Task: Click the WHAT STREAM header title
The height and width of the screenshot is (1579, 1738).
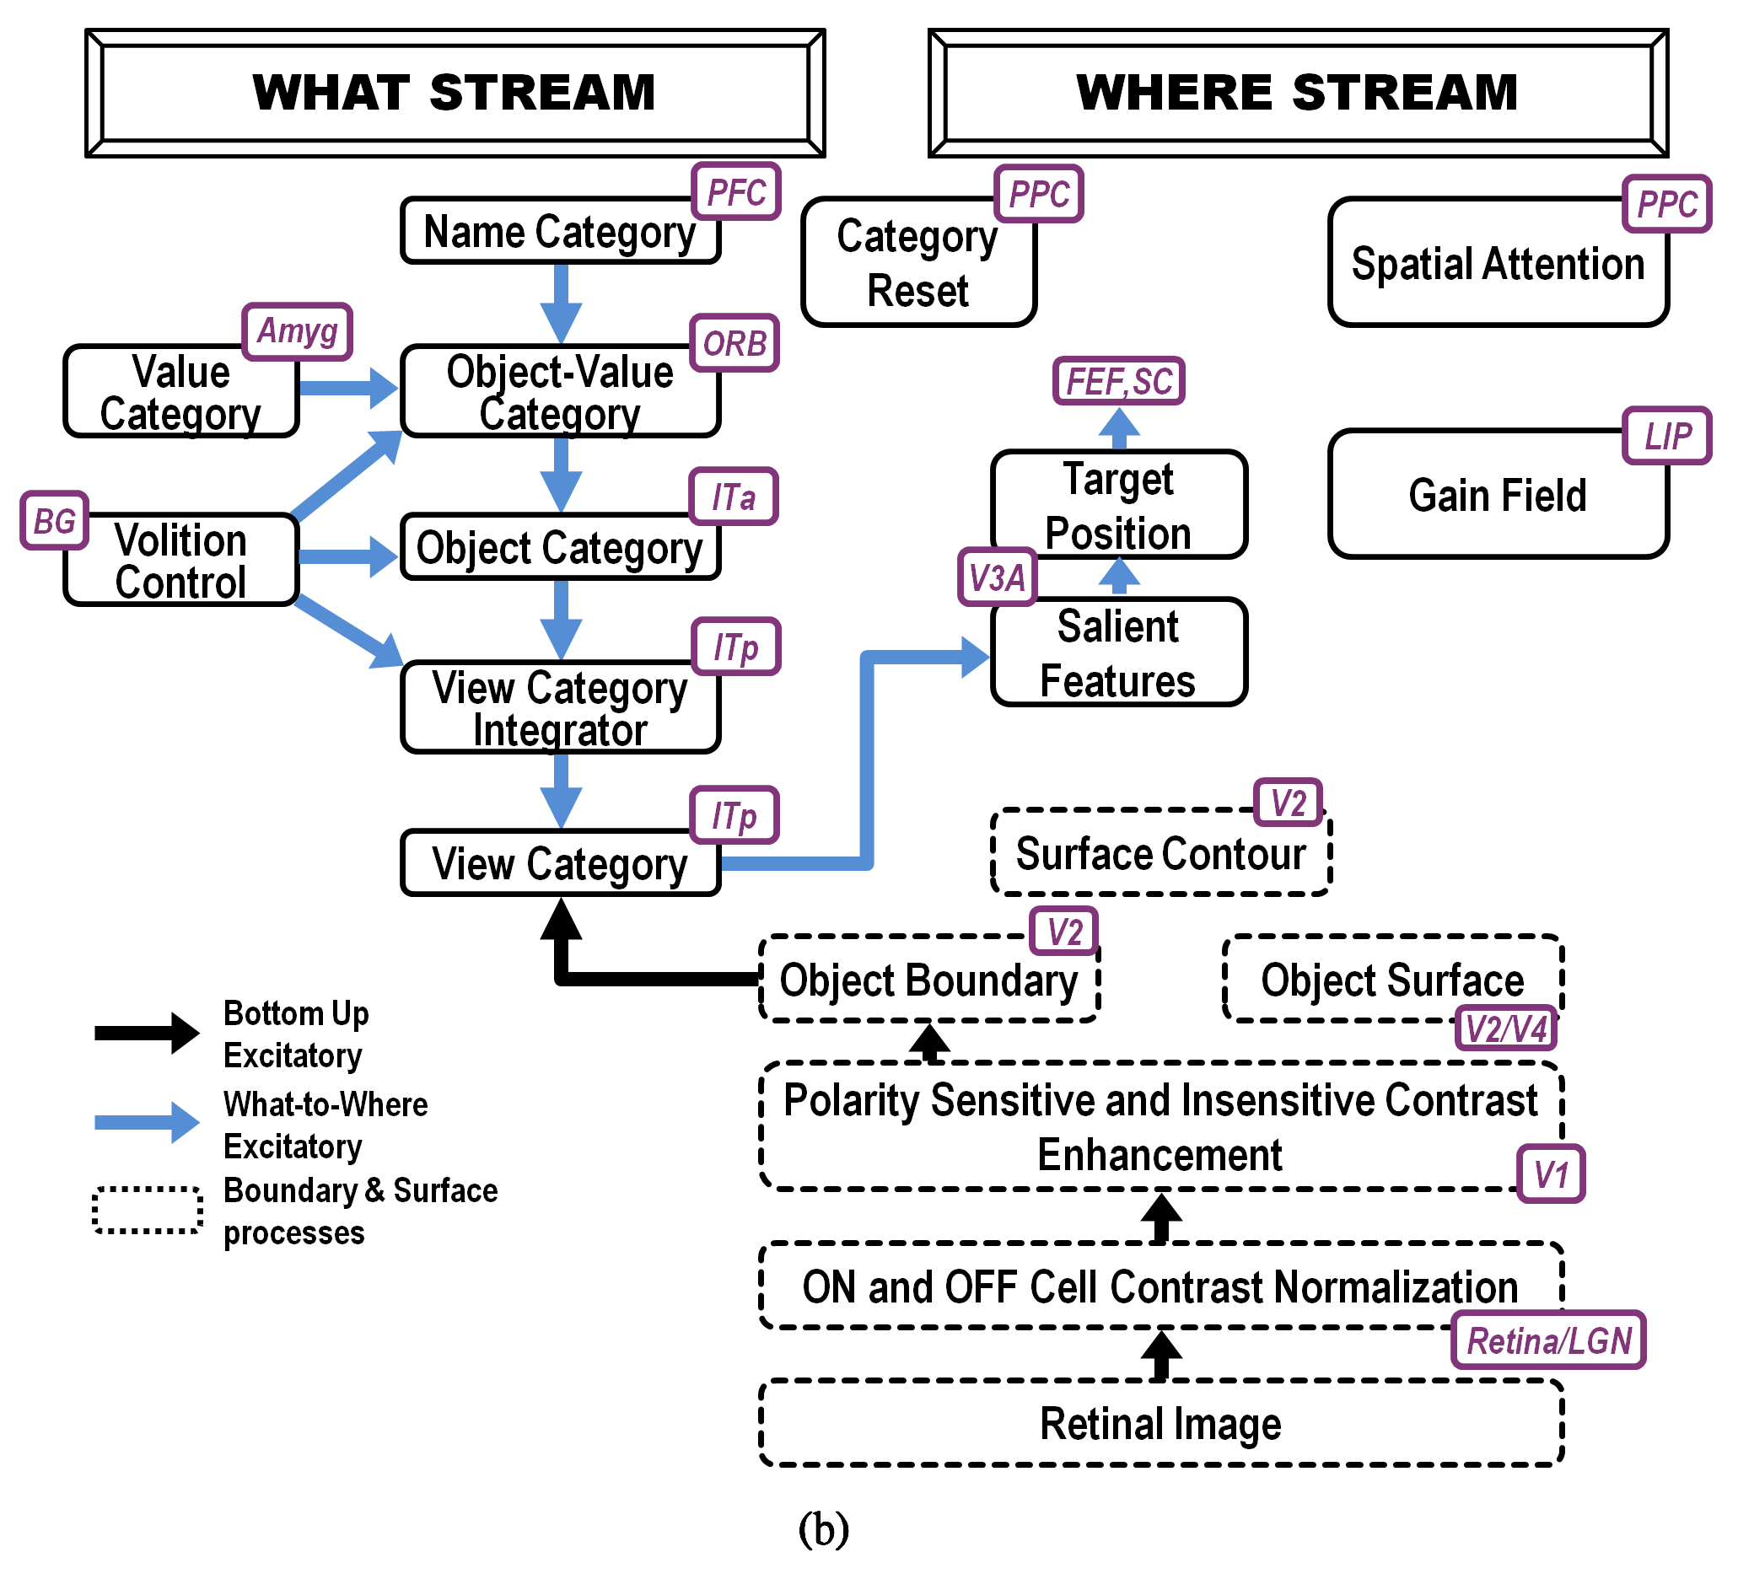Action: coord(455,93)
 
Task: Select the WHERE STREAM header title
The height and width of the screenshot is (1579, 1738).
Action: coord(1298,93)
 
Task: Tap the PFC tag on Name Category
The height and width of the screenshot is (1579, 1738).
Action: coord(736,191)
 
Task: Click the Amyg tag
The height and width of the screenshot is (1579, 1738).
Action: coord(298,331)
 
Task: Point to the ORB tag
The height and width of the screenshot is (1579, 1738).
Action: coord(734,343)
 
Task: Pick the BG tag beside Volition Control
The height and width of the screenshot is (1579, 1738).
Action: coord(54,521)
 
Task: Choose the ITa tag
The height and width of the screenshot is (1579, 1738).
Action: coord(734,497)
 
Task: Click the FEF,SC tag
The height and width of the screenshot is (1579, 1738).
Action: coord(1119,381)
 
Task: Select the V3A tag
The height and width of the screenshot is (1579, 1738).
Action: coord(998,577)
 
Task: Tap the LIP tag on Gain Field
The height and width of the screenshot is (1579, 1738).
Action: coord(1667,436)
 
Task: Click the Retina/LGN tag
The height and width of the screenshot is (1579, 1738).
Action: coord(1549,1341)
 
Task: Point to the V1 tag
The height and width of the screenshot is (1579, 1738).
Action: coord(1551,1174)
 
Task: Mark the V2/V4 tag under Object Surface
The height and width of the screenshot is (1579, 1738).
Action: coord(1506,1028)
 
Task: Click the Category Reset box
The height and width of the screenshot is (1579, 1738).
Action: coord(918,263)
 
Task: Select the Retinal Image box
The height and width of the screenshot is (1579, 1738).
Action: coord(1160,1423)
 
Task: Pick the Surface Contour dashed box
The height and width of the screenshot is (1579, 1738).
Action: coord(1160,853)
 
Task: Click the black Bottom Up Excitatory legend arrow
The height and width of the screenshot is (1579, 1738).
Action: coord(147,1033)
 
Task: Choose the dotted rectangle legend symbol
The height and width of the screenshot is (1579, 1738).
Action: coord(148,1211)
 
